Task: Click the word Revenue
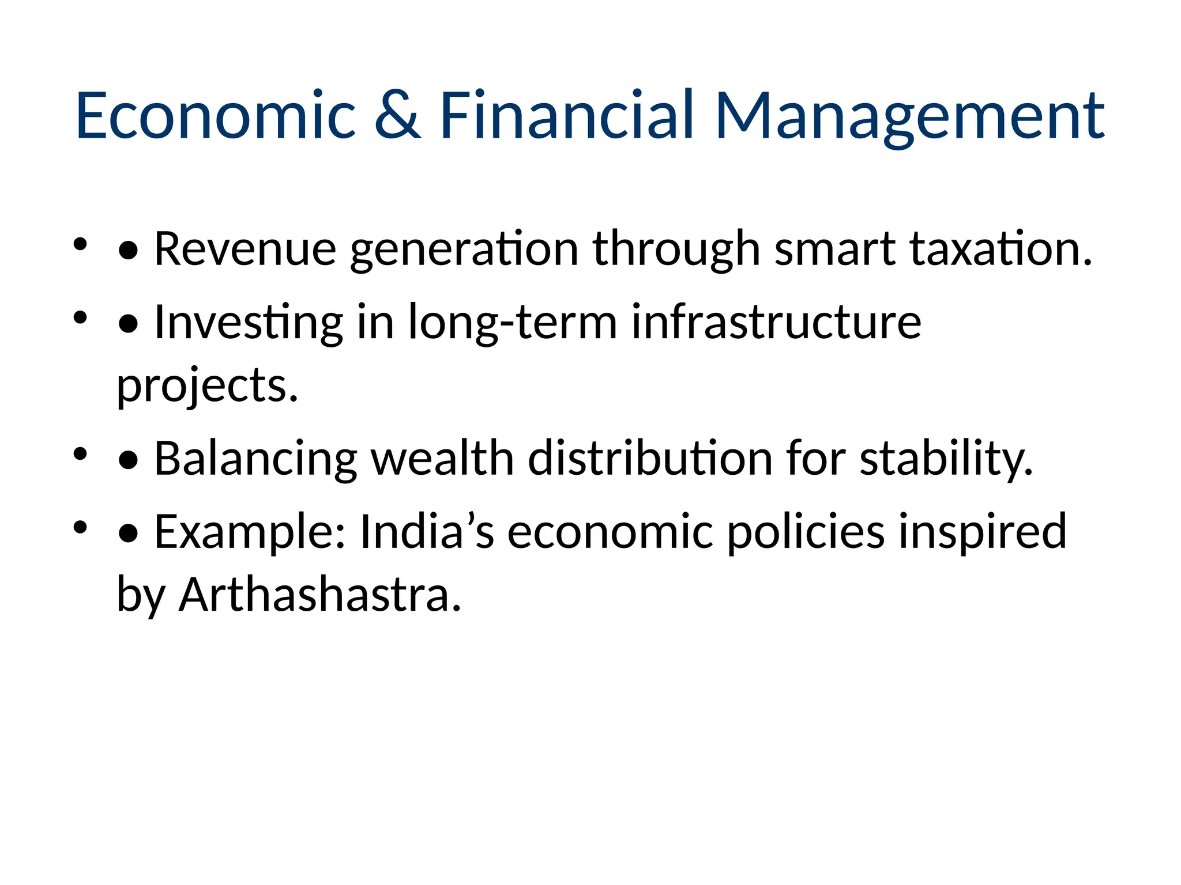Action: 245,249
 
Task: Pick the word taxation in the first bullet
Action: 1001,249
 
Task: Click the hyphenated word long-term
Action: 513,323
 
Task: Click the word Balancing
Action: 255,459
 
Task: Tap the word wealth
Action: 442,459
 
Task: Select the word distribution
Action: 650,459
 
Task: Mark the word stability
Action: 946,460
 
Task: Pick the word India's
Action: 427,531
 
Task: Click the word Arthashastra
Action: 320,595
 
